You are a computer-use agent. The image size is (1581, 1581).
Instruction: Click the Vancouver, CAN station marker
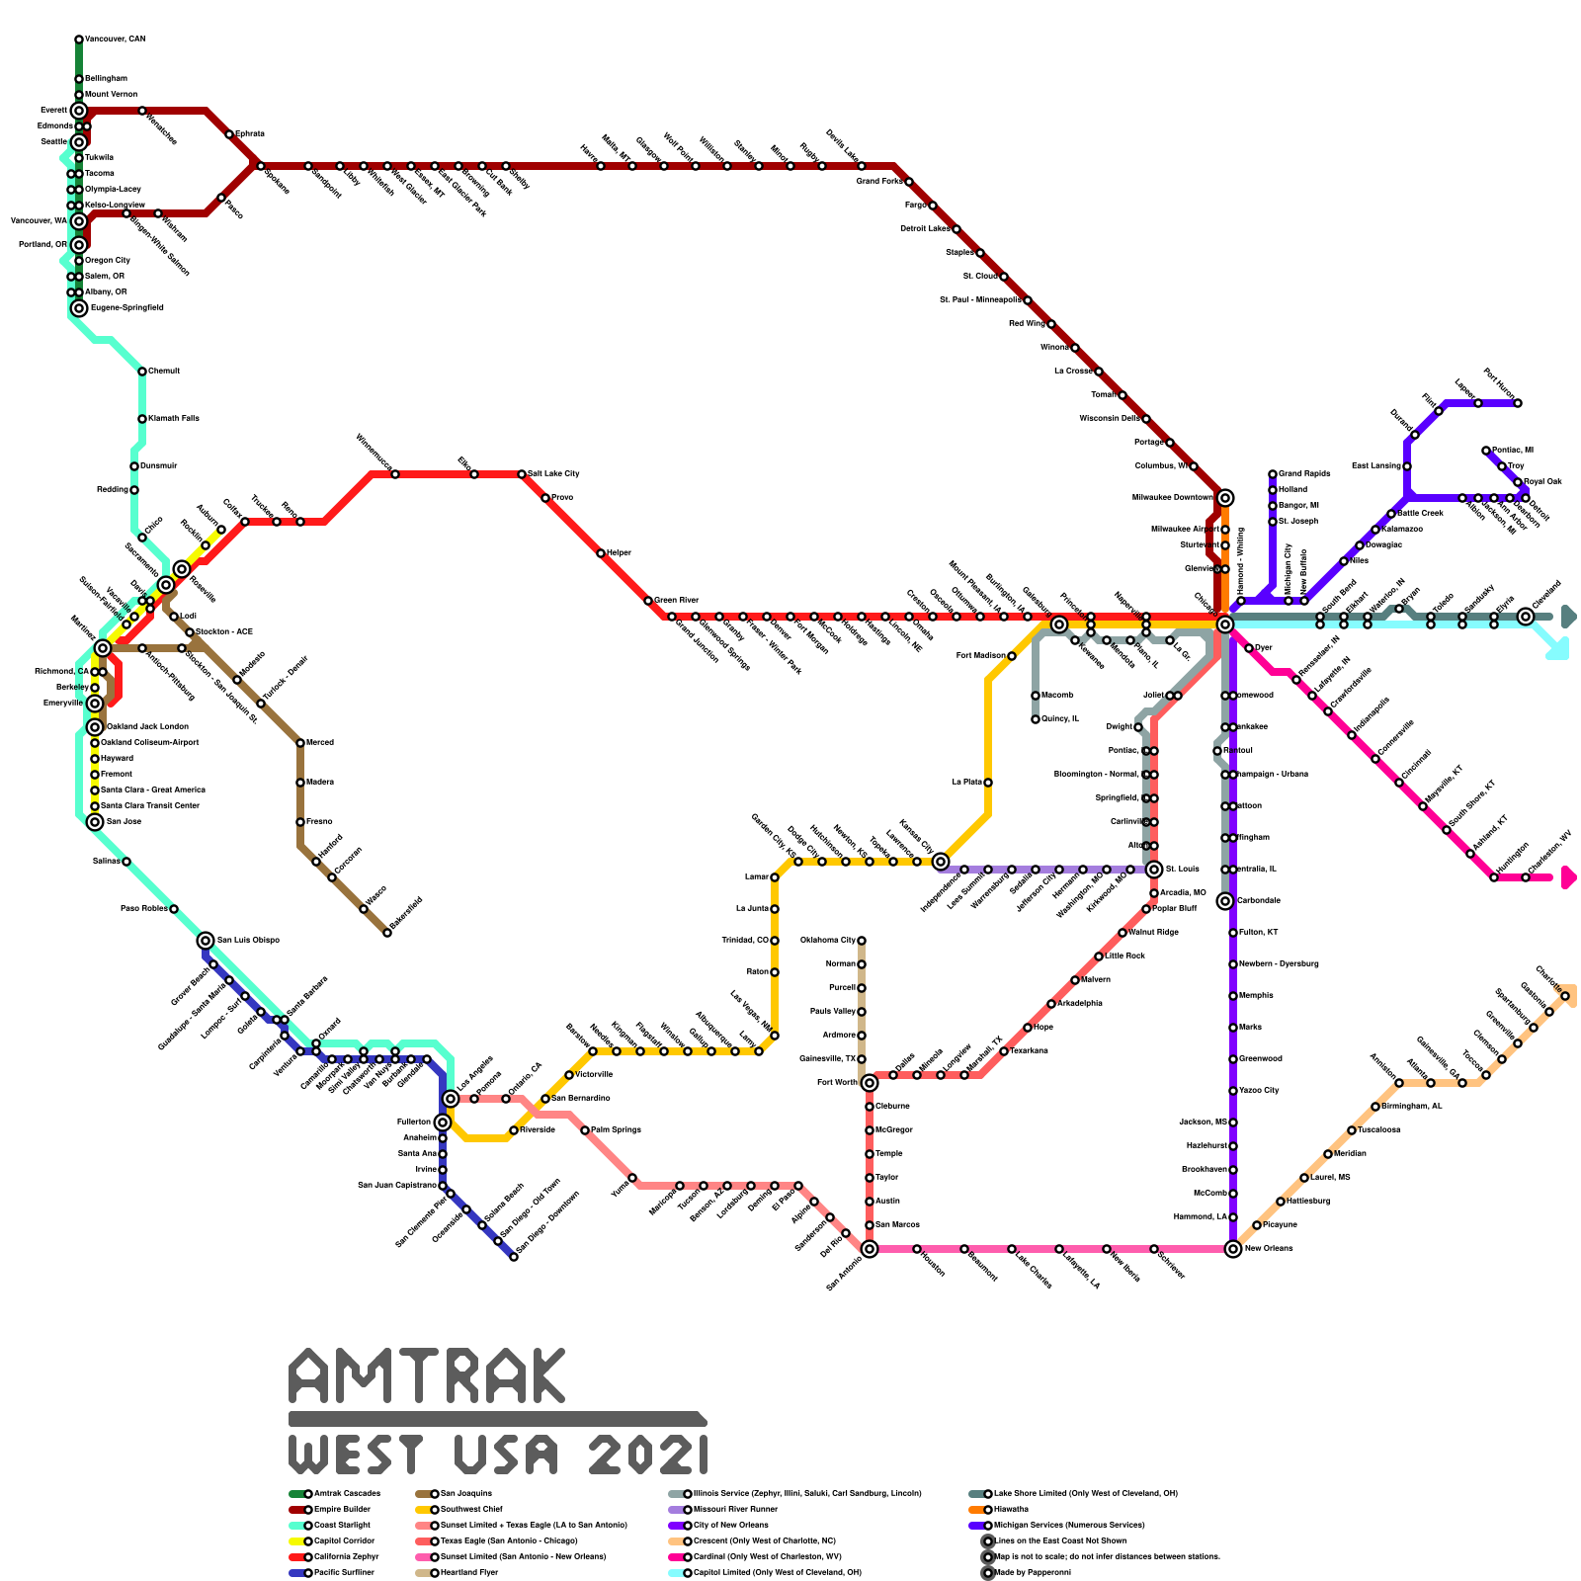click(x=79, y=40)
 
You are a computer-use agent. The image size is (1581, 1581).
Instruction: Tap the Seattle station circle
click(x=79, y=142)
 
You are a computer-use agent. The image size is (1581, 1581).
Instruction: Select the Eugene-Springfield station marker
click(x=79, y=308)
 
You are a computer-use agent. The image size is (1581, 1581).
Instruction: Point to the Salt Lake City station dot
click(x=522, y=474)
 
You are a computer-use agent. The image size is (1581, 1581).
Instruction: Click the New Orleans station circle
click(x=1233, y=1249)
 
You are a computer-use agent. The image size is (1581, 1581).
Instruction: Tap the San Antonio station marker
click(x=870, y=1249)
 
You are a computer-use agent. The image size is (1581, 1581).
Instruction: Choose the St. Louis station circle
click(x=1154, y=870)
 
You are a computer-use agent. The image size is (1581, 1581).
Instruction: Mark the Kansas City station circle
click(x=941, y=862)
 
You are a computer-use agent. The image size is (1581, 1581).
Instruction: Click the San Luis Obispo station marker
click(x=206, y=941)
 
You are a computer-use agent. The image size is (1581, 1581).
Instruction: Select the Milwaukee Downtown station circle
click(x=1225, y=498)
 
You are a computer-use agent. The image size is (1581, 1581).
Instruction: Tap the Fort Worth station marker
click(x=870, y=1083)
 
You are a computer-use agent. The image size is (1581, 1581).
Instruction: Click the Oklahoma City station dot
click(x=862, y=941)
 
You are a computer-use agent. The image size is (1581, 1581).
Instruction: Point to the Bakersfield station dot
click(x=387, y=933)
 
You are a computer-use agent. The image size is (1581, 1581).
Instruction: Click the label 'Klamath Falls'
click(x=174, y=419)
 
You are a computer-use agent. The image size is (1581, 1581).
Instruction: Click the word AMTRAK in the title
click(x=427, y=1375)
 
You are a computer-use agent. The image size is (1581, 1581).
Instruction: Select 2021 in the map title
click(x=647, y=1455)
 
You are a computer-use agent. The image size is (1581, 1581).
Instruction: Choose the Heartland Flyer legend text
click(x=466, y=1572)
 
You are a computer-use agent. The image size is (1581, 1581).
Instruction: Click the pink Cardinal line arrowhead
click(x=1568, y=877)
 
